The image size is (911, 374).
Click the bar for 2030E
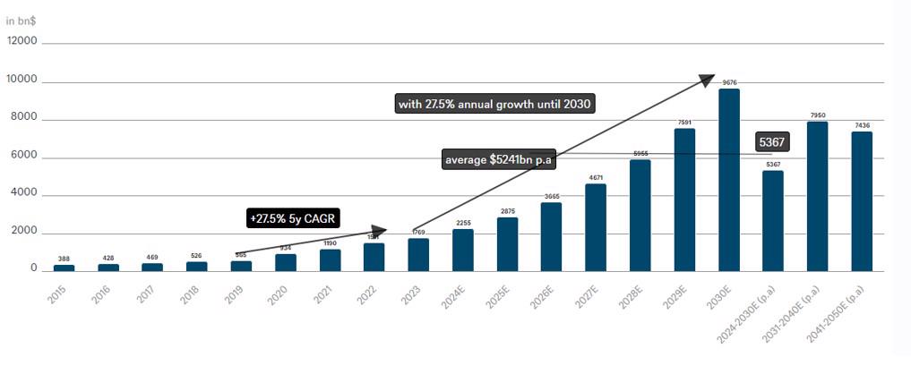(728, 180)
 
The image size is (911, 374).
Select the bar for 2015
(64, 268)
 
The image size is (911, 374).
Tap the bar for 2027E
(596, 227)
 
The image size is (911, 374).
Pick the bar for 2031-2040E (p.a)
(817, 196)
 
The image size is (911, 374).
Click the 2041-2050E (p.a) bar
(862, 201)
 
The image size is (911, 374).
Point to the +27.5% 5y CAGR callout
(294, 218)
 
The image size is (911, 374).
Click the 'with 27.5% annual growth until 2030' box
(495, 104)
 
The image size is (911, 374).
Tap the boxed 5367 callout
(773, 142)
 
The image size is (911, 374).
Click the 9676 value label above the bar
(729, 82)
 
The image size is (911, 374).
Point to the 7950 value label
(817, 115)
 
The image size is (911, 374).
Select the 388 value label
(64, 259)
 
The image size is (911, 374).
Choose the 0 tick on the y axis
(33, 268)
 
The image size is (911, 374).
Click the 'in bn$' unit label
(21, 20)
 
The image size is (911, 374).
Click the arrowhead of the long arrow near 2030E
(707, 81)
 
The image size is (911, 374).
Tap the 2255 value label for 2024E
(463, 223)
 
